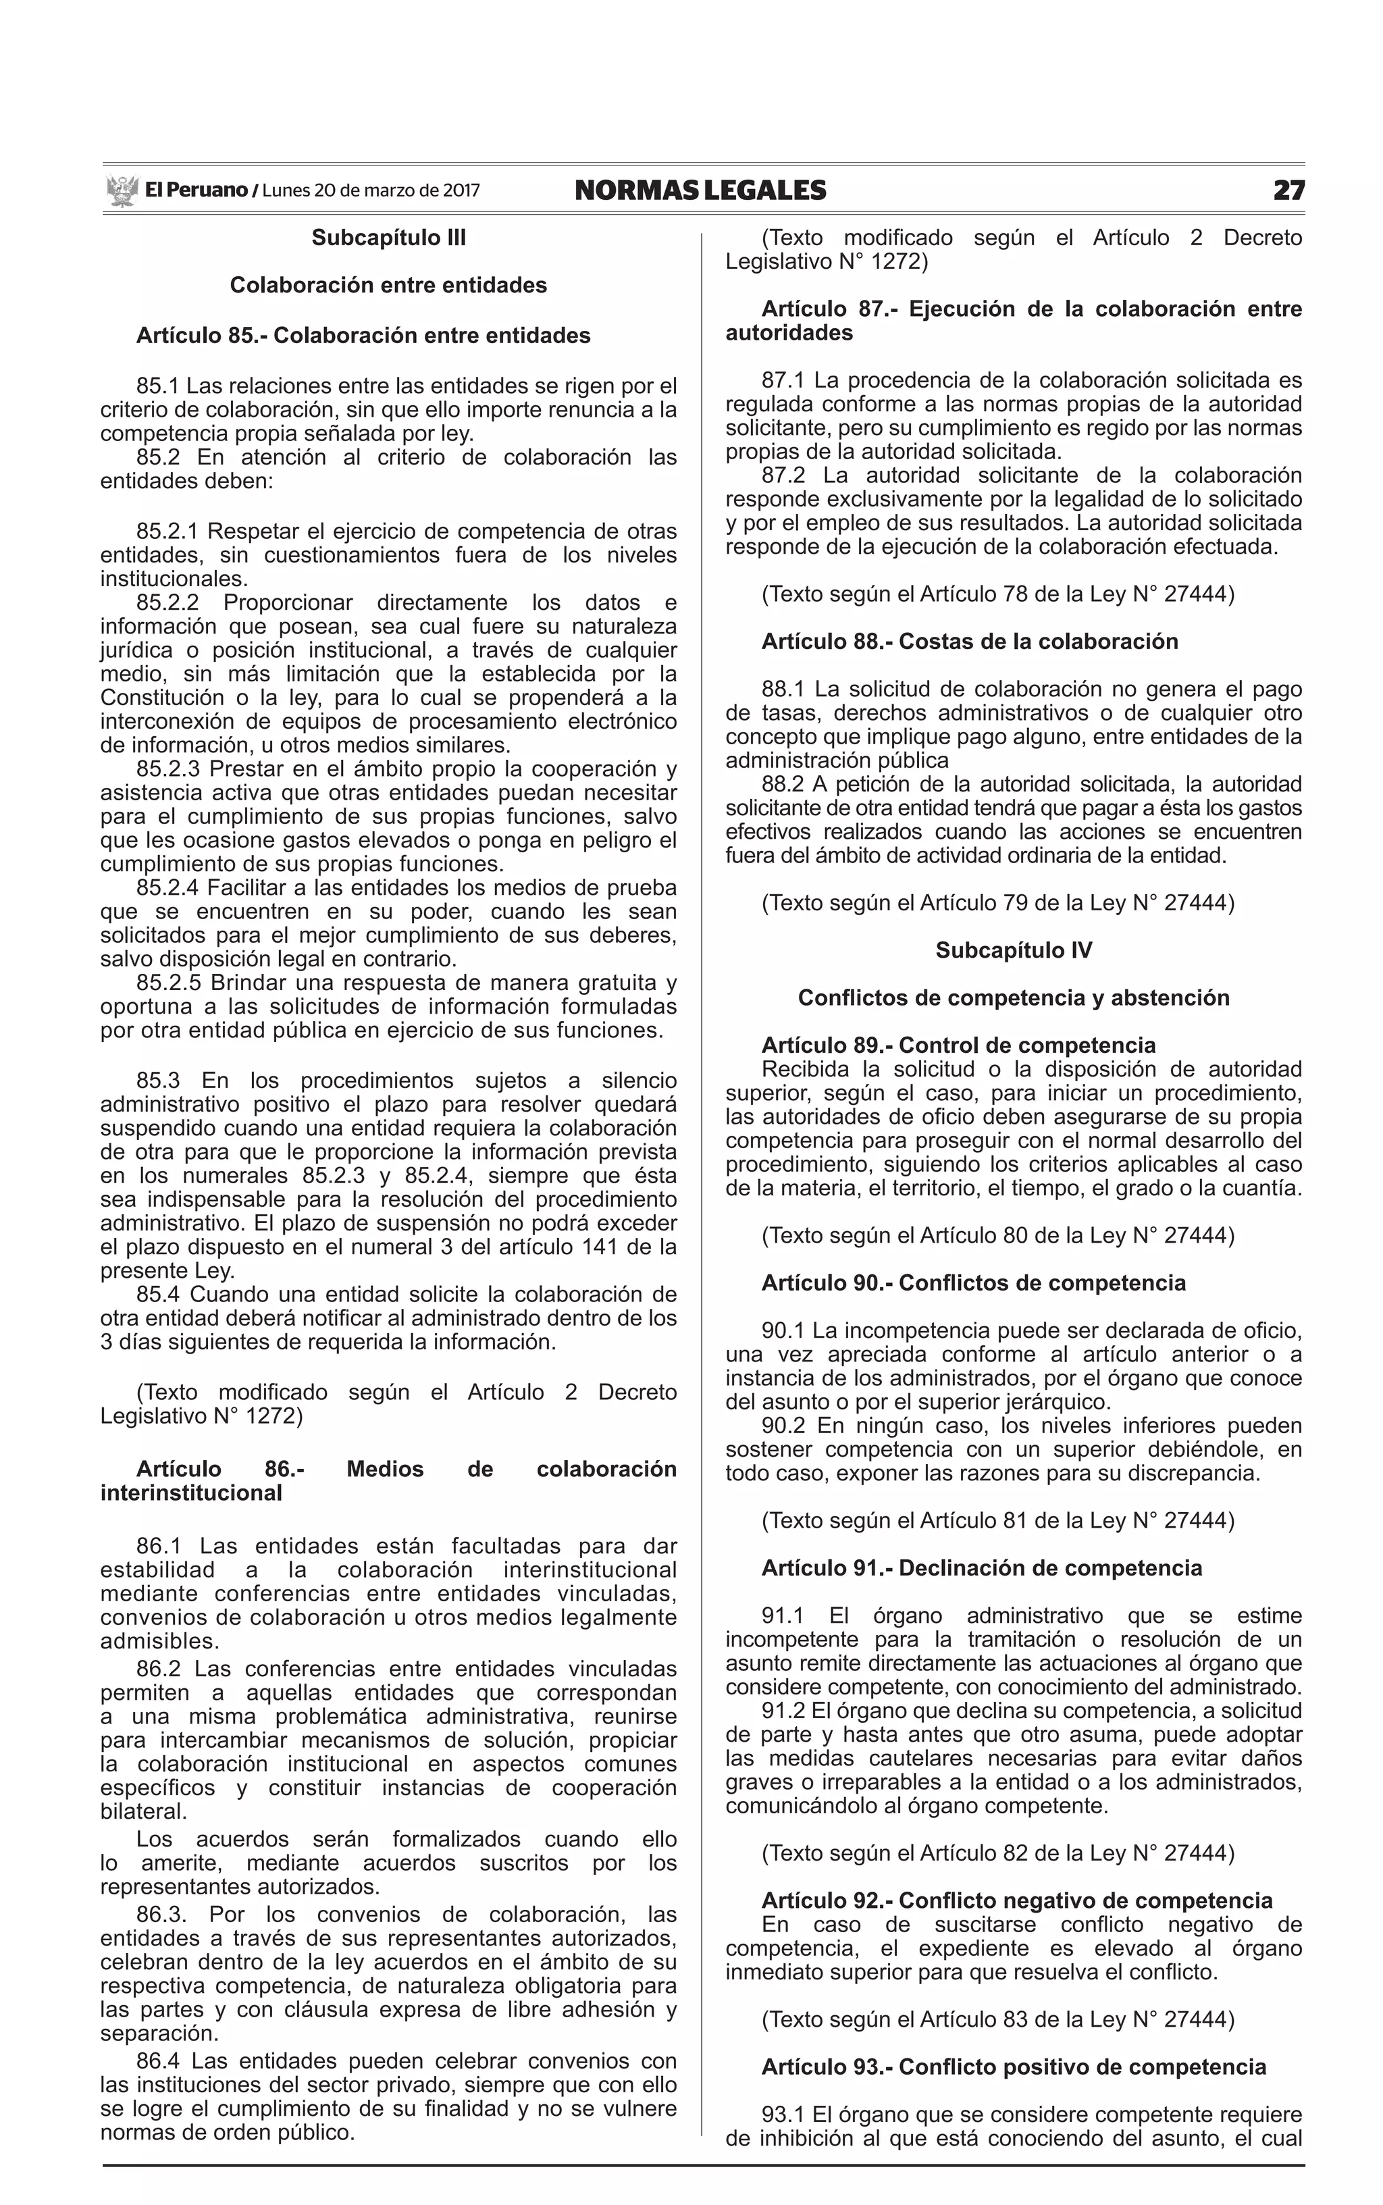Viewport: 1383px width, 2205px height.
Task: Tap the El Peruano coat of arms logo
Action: tap(121, 190)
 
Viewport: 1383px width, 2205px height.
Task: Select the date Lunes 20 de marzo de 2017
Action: tap(371, 190)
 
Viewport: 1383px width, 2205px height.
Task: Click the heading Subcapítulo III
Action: tap(389, 238)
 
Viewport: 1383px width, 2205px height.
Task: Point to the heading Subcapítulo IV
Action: tap(1014, 950)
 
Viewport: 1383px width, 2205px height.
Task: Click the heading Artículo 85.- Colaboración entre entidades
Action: tap(363, 336)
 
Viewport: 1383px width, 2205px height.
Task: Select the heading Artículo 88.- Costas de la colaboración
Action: tap(970, 641)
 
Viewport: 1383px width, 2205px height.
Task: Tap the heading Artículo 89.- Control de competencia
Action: tap(959, 1045)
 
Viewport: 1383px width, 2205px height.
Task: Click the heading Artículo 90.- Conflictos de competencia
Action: tap(973, 1283)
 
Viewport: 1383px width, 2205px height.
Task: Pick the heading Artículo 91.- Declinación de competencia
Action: tap(981, 1568)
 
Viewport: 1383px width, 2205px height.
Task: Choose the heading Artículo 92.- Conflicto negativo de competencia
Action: tap(1017, 1901)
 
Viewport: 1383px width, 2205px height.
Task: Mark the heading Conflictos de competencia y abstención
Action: tap(1014, 997)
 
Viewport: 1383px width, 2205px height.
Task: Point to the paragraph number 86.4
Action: tap(159, 2061)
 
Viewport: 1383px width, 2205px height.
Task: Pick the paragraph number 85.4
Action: tap(159, 1295)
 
